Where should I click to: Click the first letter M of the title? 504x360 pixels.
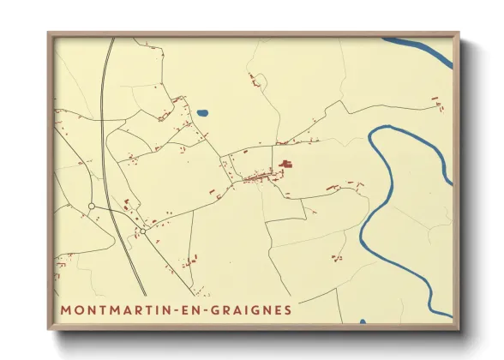point(65,309)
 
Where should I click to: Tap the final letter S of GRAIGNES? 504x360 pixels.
point(286,309)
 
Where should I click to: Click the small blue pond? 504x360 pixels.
point(202,112)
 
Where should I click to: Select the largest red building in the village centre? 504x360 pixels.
point(285,164)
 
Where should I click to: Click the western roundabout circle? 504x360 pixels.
point(91,207)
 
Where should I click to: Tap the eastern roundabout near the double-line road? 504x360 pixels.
point(143,230)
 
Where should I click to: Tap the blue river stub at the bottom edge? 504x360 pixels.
point(363,321)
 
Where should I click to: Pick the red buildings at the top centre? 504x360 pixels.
point(255,81)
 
